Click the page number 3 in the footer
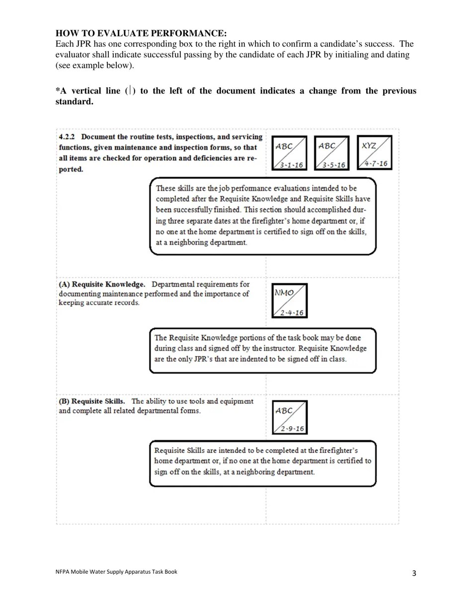[x=414, y=575]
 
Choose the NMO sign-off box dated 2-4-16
[x=290, y=301]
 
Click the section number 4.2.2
[x=68, y=136]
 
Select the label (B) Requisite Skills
[x=92, y=401]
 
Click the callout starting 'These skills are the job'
[x=263, y=217]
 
